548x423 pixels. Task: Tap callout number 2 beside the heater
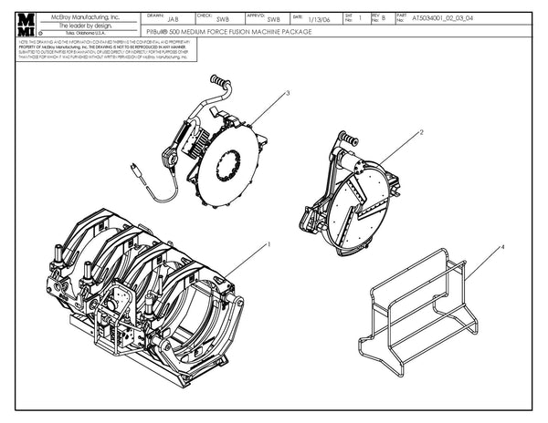coord(421,133)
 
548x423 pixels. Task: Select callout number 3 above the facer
coord(288,93)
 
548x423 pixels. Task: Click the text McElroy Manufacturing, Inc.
coord(85,17)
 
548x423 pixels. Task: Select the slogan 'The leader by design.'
coord(85,26)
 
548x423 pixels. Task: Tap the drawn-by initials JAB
coord(174,18)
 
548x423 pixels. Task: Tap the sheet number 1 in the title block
coord(361,17)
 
